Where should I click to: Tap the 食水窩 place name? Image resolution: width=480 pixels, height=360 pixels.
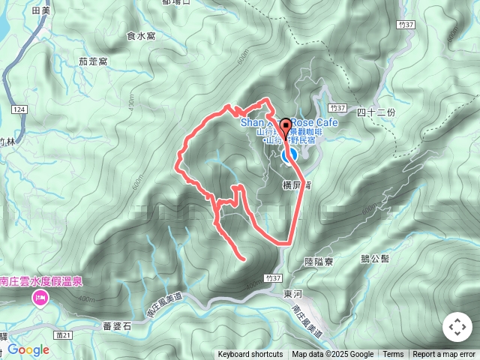pyautogui.click(x=141, y=34)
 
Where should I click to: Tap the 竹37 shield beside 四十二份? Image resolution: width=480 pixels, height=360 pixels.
pyautogui.click(x=340, y=109)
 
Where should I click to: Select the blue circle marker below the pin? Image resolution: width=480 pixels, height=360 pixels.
pyautogui.click(x=289, y=156)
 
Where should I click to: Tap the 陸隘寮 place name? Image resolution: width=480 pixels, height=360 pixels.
pyautogui.click(x=319, y=262)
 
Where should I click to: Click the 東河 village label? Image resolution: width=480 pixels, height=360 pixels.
pyautogui.click(x=292, y=295)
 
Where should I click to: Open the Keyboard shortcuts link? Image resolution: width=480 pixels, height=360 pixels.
pyautogui.click(x=250, y=355)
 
